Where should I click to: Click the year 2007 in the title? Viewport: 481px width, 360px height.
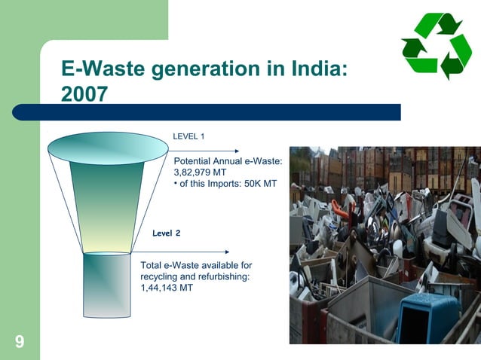click(84, 95)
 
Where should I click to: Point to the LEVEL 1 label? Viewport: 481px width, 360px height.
click(189, 136)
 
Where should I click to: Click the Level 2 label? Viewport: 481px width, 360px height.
click(166, 233)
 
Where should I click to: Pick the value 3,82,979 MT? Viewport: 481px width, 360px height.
click(201, 172)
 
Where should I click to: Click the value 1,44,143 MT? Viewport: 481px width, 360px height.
click(167, 287)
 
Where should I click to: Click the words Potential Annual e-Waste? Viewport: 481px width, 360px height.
click(228, 162)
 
